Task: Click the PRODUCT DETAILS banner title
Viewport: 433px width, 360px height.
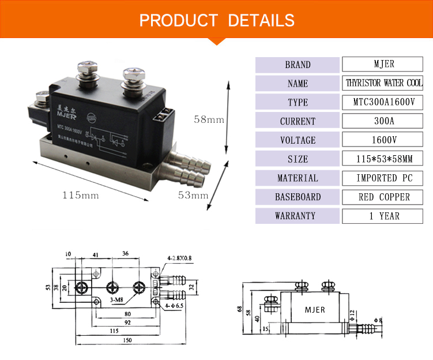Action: tap(217, 21)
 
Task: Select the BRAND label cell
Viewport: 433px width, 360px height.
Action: tap(298, 65)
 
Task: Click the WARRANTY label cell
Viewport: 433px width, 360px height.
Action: tap(298, 216)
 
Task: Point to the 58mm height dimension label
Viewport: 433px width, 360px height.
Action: tap(209, 120)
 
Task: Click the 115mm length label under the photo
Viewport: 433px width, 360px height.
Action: tap(81, 196)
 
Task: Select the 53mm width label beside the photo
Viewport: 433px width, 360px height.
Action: tap(193, 196)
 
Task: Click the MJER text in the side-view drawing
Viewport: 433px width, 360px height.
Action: tap(315, 310)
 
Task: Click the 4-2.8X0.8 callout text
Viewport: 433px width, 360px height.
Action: tap(179, 258)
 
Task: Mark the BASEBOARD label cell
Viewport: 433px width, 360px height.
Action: tap(298, 197)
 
